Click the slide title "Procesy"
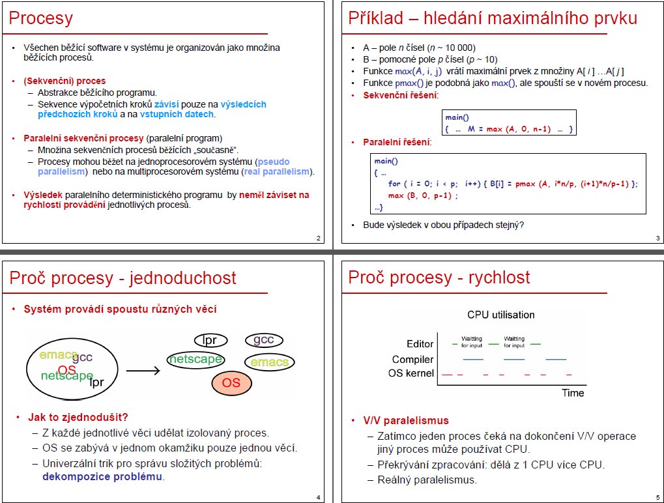40,18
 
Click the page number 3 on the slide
657,238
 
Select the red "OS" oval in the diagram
231,382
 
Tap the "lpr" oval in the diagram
210,340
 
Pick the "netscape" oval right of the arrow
195,360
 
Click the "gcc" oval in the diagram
264,339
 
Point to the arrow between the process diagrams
143,371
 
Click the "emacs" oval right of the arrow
269,362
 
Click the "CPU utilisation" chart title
501,315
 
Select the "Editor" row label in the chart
420,344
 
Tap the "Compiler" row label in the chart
412,360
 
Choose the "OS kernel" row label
411,373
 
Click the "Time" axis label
573,393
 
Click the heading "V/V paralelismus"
406,420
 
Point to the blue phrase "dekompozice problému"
102,477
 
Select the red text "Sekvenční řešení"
399,95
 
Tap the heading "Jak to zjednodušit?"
78,417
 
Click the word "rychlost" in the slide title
499,278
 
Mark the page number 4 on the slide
319,498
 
